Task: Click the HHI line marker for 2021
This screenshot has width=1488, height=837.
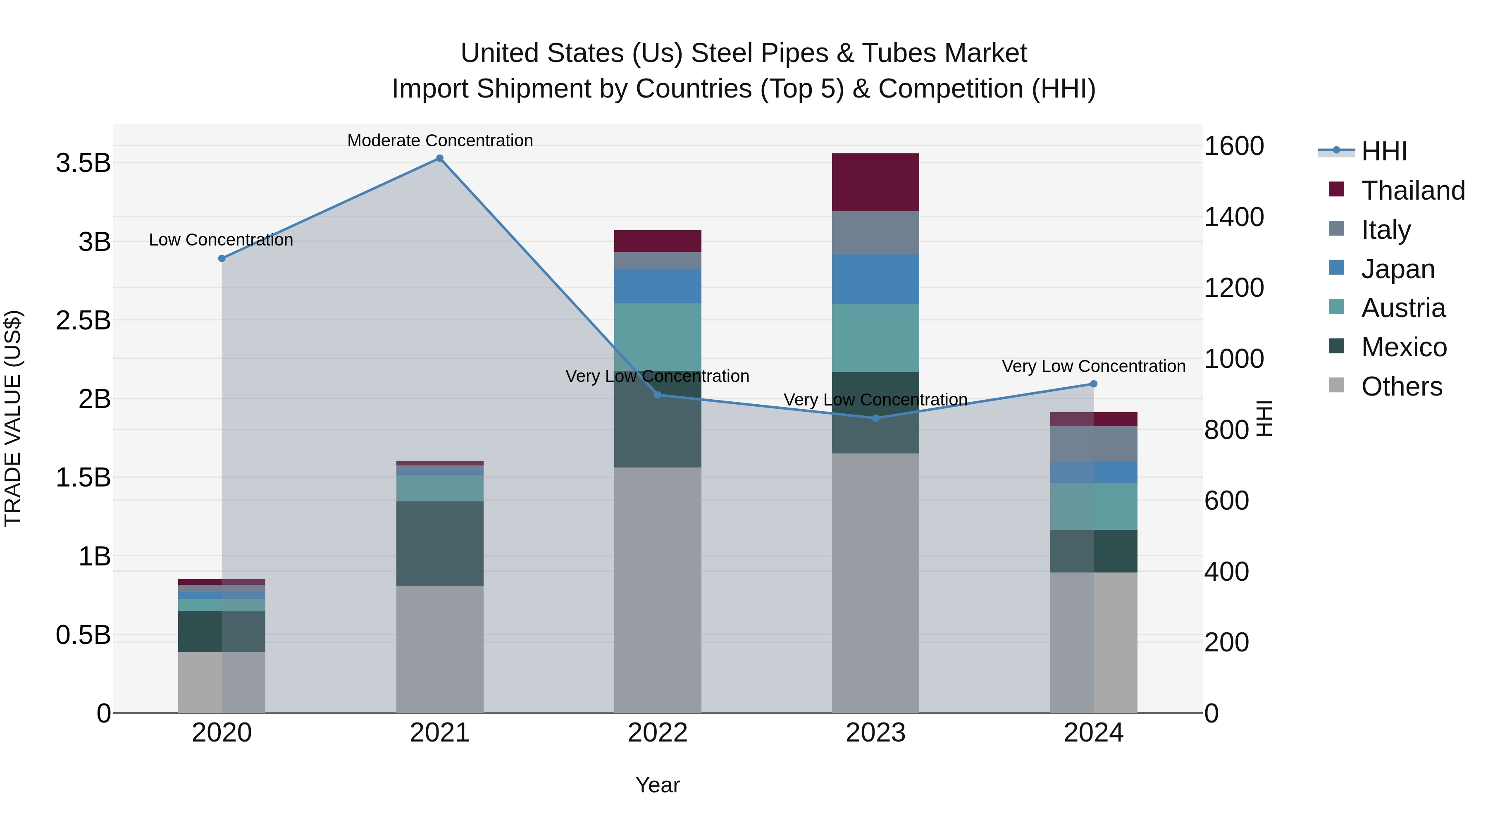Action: click(440, 158)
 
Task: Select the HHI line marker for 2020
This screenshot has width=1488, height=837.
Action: click(222, 258)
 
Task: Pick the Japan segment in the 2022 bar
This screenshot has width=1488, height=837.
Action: click(657, 286)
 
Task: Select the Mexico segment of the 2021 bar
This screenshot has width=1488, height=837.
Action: click(440, 544)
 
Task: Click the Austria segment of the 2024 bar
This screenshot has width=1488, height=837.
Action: click(1093, 506)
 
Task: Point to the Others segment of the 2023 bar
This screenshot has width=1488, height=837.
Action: click(876, 583)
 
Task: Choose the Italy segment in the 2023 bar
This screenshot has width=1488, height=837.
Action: click(876, 233)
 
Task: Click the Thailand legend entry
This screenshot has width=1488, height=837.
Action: click(1413, 191)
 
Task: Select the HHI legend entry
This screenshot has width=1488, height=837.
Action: click(1384, 151)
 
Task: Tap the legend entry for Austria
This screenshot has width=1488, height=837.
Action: click(1403, 308)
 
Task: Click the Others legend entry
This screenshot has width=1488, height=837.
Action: click(1401, 386)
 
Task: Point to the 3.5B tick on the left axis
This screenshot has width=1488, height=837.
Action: click(83, 163)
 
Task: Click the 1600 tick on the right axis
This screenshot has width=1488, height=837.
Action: click(1234, 146)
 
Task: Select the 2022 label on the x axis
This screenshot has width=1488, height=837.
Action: click(657, 733)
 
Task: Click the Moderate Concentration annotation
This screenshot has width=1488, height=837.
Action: click(440, 141)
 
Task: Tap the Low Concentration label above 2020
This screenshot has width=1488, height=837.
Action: click(221, 240)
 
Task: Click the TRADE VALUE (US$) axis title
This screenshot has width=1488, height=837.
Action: click(13, 418)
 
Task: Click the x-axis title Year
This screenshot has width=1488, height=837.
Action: click(657, 785)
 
